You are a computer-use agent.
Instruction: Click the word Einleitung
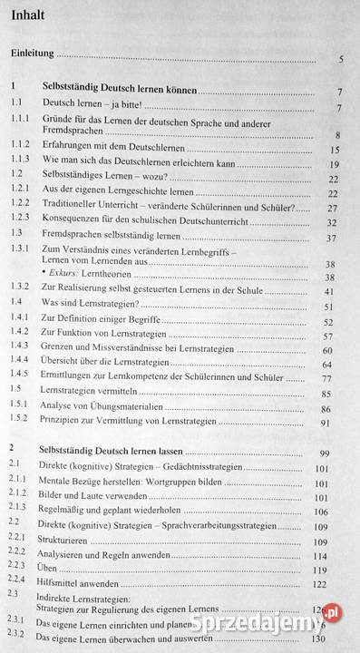coord(34,56)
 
